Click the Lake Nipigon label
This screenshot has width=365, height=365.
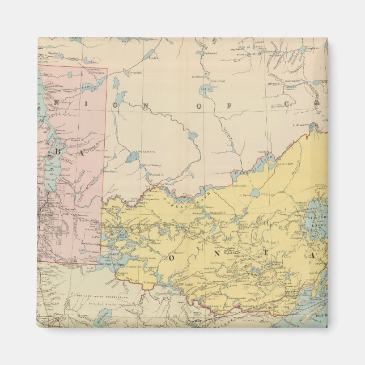(316, 211)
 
